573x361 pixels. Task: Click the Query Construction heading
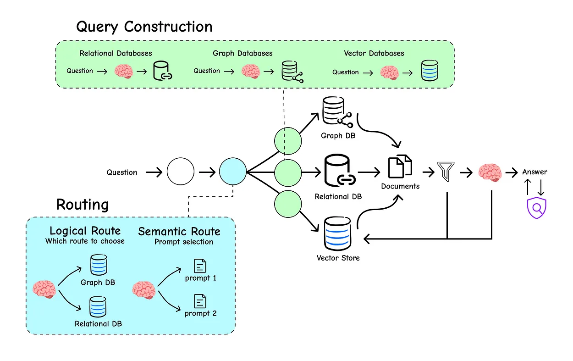point(144,26)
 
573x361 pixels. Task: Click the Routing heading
point(83,204)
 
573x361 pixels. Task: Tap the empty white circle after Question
point(181,172)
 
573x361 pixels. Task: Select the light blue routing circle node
point(232,172)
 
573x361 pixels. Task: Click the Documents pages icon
point(400,167)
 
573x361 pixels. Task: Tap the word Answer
point(534,172)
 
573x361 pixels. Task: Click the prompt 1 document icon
point(200,266)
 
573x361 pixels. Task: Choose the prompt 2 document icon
point(200,301)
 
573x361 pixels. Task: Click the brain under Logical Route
point(44,289)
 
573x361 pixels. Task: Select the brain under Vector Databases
point(389,72)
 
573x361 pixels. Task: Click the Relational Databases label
point(116,53)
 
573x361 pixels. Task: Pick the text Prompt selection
point(183,242)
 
